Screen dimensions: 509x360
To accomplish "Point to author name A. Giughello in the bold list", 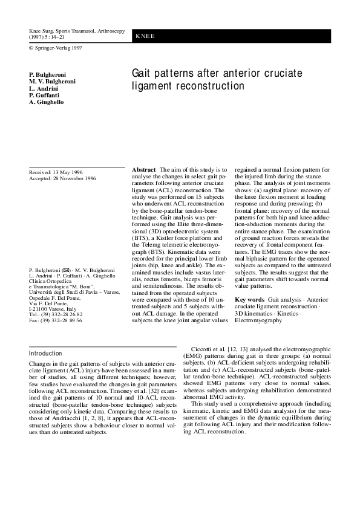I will [46, 102].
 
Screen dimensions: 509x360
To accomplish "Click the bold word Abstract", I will [144, 170].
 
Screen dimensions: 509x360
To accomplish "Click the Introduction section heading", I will [45, 353].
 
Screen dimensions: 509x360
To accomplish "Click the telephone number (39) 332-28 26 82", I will [61, 314].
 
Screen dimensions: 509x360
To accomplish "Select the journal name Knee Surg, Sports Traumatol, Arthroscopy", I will [77, 30].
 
